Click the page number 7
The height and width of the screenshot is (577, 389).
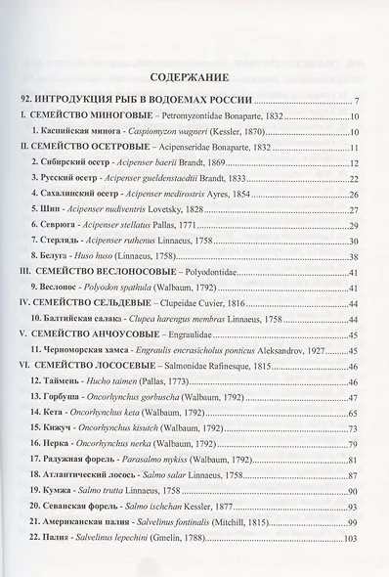pos(359,103)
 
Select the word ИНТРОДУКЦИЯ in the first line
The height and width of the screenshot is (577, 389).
pos(95,102)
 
